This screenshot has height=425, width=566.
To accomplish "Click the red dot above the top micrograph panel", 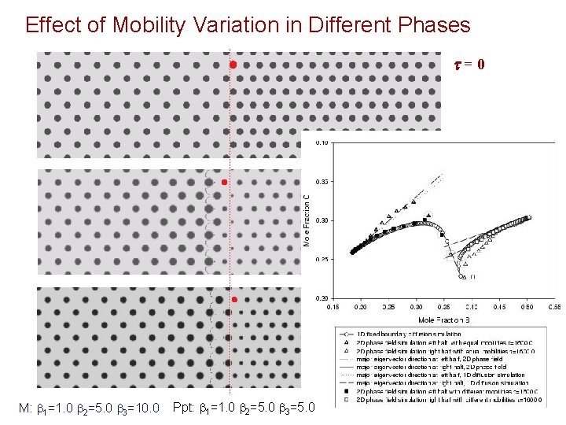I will click(233, 64).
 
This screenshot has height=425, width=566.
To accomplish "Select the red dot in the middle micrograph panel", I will click(224, 183).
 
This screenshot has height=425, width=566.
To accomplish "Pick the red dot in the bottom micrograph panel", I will click(233, 300).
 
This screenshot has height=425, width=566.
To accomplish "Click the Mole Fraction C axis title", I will click(307, 220).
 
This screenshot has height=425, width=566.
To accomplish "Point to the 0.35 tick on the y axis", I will click(322, 181).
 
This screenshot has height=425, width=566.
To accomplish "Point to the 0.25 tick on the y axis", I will click(322, 260).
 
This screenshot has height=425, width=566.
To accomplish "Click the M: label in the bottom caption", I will click(24, 408).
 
